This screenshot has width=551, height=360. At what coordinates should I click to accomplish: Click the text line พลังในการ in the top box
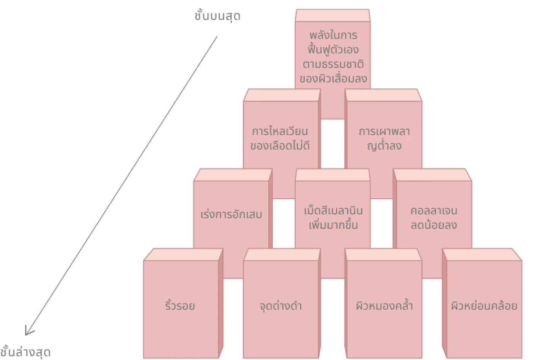click(333, 35)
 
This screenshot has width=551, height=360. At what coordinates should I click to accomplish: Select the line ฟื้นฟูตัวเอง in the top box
click(333, 50)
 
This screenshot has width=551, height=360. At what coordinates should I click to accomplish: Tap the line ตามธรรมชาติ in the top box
click(333, 64)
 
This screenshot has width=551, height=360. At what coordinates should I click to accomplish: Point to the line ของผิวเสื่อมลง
click(333, 79)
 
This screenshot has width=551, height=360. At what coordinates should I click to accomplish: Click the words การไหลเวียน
click(280, 132)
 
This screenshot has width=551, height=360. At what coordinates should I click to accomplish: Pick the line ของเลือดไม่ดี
click(280, 146)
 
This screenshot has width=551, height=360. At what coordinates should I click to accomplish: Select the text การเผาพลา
click(384, 132)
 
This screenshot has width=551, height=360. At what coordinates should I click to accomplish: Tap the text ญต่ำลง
click(384, 146)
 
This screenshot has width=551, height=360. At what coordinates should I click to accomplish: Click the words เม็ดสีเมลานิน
click(333, 211)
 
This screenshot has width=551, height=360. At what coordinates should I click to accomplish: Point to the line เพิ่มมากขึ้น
click(333, 225)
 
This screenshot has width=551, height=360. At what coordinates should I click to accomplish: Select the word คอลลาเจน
click(434, 211)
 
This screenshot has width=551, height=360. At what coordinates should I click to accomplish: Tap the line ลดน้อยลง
click(434, 225)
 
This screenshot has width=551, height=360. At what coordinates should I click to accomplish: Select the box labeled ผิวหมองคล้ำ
click(384, 306)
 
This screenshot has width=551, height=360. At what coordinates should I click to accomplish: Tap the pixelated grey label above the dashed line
click(218, 16)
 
